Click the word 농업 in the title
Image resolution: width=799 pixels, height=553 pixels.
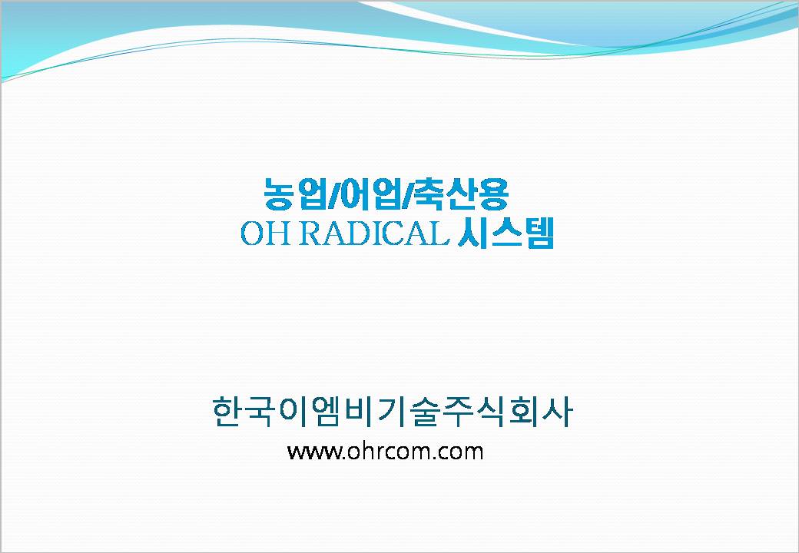[x=295, y=194]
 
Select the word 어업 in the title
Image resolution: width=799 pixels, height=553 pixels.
[x=370, y=194]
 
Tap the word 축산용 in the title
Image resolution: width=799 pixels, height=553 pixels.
[x=462, y=194]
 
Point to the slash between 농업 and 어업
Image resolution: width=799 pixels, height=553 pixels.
[x=333, y=194]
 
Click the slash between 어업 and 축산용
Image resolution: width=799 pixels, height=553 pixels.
[x=408, y=194]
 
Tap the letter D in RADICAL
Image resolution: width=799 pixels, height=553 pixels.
[x=358, y=233]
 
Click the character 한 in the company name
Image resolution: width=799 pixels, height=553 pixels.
[x=227, y=411]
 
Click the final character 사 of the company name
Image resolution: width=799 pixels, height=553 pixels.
[x=557, y=411]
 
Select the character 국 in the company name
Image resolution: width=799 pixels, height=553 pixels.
[x=260, y=411]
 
